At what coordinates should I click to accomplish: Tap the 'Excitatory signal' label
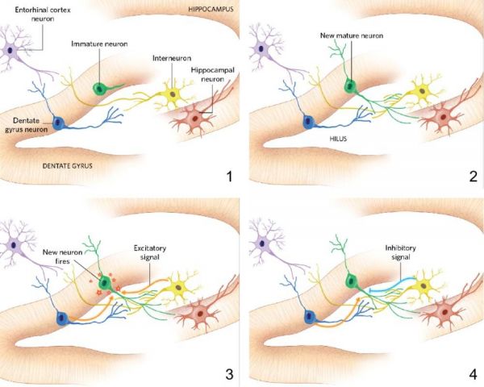click(x=146, y=246)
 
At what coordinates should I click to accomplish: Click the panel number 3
click(x=229, y=373)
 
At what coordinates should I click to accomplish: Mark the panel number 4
click(x=472, y=373)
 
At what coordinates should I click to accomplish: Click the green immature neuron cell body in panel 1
click(x=101, y=87)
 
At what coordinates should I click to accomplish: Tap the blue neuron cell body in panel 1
click(x=59, y=123)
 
